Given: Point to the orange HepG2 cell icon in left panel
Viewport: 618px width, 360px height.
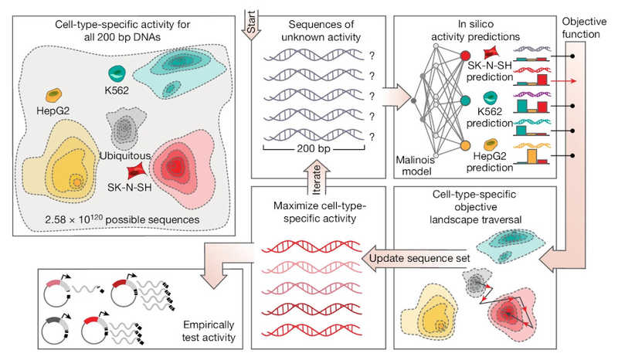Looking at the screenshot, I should click(55, 95).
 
